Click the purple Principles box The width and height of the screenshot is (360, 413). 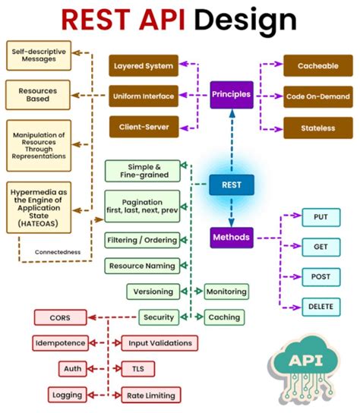232,96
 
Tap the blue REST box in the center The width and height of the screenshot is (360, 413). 231,184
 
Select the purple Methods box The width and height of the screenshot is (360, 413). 231,238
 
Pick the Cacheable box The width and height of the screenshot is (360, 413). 318,66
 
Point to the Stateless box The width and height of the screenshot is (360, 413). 318,128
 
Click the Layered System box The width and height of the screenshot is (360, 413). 144,66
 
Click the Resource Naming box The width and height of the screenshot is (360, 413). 143,266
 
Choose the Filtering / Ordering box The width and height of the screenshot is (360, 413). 143,240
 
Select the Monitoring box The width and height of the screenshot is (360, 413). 226,291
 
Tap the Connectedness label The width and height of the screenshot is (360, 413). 58,251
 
